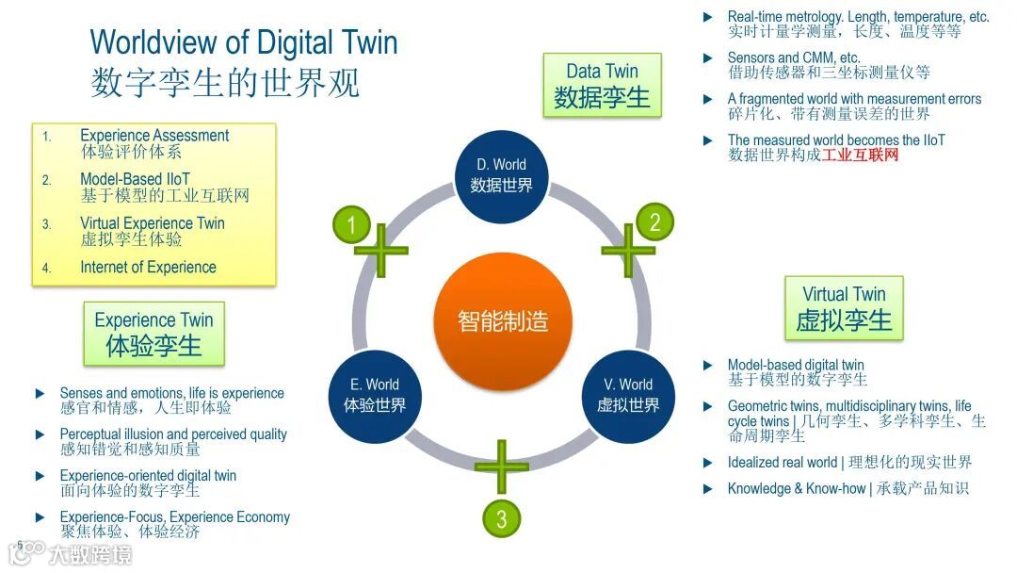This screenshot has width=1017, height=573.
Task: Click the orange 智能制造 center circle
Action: click(503, 320)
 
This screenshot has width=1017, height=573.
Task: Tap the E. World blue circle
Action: click(375, 395)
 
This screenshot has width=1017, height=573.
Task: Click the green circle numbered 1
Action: click(352, 224)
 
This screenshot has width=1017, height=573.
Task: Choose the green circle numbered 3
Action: click(502, 517)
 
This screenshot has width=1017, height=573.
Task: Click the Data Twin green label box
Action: click(602, 85)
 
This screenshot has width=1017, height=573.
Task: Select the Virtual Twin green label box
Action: click(844, 307)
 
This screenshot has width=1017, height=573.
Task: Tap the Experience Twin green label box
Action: click(153, 333)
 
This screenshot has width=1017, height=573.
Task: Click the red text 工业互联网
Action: click(860, 156)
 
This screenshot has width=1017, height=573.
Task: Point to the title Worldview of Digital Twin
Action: click(243, 42)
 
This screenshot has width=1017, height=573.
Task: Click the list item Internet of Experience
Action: click(148, 268)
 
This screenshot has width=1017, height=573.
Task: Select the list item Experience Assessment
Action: click(154, 136)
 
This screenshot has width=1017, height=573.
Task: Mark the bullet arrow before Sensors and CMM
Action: click(707, 57)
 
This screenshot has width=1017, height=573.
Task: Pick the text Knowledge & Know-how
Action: click(783, 488)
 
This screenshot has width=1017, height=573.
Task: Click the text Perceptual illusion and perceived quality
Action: click(173, 434)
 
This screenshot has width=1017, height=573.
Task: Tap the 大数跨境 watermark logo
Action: click(76, 553)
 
